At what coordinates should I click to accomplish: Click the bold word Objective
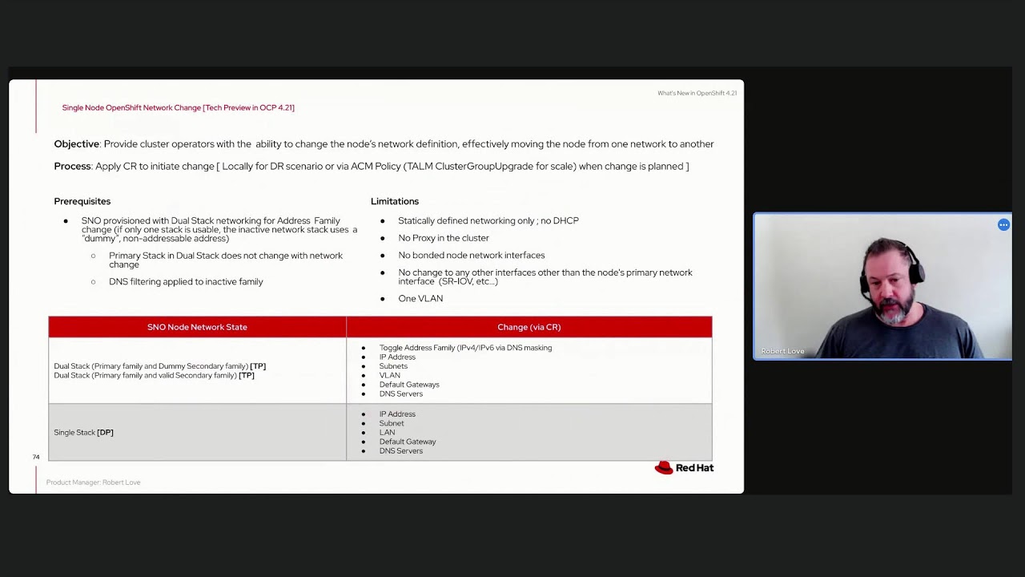tap(77, 144)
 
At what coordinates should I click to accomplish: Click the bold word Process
tap(72, 167)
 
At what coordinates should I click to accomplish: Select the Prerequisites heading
tap(82, 201)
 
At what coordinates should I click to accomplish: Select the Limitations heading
tap(395, 201)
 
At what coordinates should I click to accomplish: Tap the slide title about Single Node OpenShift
tap(178, 107)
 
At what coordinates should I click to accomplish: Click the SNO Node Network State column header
tap(197, 327)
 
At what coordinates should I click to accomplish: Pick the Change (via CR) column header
tap(529, 327)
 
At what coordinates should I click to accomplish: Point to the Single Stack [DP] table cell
tap(83, 433)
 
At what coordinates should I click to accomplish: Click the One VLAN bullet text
tap(420, 299)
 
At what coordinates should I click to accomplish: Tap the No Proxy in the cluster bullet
tap(443, 238)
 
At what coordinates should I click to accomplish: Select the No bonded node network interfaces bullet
tap(471, 256)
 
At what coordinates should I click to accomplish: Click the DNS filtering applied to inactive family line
tap(186, 282)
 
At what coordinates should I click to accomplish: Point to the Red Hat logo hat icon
tap(664, 468)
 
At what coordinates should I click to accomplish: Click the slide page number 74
tap(36, 457)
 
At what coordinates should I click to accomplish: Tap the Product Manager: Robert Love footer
tap(93, 482)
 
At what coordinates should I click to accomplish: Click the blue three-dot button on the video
tap(1003, 225)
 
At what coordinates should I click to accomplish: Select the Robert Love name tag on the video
tap(782, 351)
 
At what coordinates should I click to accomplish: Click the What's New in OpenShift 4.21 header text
tap(697, 93)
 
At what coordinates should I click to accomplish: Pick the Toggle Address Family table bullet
tap(465, 348)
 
